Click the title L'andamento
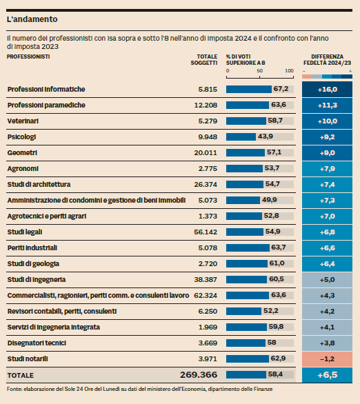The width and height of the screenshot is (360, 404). (x=32, y=19)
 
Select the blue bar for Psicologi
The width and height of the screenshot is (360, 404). (x=241, y=137)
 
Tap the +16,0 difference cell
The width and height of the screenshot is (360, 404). (x=328, y=90)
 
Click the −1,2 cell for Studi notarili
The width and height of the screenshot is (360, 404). (x=328, y=359)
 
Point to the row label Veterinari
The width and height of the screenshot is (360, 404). (x=23, y=121)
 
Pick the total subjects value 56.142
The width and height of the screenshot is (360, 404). (x=206, y=232)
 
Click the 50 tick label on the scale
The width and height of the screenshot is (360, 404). (x=259, y=71)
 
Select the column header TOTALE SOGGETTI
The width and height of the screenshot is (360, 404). (x=204, y=60)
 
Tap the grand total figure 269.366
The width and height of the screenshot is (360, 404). (x=199, y=375)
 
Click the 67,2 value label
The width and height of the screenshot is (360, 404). (x=281, y=89)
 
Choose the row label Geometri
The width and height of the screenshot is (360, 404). (x=22, y=153)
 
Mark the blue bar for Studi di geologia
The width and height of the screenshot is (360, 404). (x=247, y=263)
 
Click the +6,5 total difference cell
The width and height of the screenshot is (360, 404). (x=328, y=375)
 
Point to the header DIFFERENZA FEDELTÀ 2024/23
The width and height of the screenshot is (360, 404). (x=328, y=60)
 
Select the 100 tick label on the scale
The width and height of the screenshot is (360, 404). (x=289, y=71)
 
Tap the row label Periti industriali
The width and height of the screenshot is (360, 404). (x=32, y=248)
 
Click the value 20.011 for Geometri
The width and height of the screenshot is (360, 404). (x=206, y=153)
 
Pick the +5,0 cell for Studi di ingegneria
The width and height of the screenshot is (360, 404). (x=328, y=280)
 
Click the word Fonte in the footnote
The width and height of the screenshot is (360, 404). (x=14, y=389)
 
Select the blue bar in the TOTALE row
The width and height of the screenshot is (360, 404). (x=246, y=374)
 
